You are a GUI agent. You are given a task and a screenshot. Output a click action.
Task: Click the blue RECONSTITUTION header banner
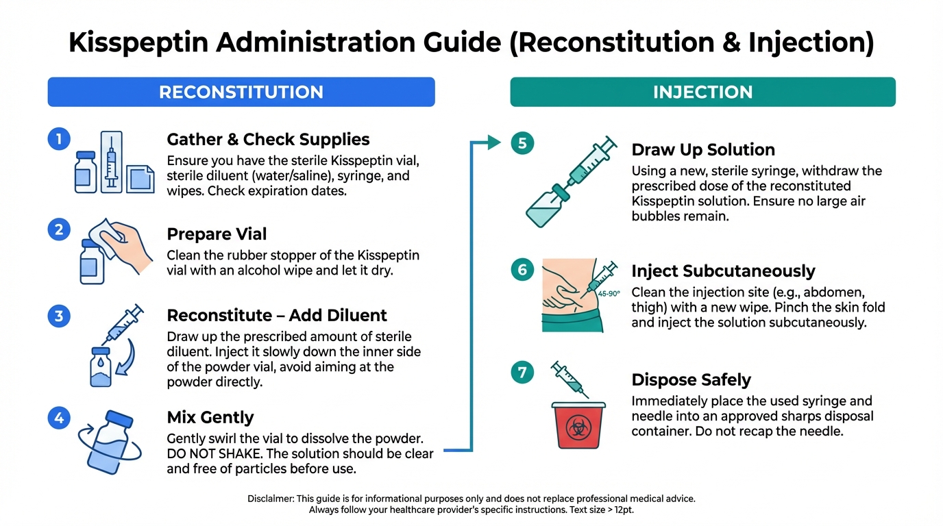pos(241,92)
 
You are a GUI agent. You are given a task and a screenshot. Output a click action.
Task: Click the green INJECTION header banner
pos(702,92)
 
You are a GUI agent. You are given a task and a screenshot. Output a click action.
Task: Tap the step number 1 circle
pos(59,140)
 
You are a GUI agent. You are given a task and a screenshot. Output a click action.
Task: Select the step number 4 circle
pos(59,417)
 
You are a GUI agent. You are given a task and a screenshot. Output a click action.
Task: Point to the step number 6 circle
pos(522,270)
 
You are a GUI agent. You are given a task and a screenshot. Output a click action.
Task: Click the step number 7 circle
pos(522,373)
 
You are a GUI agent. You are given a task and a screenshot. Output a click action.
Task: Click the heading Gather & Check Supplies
pos(268,140)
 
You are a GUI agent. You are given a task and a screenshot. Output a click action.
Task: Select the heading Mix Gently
pos(210,417)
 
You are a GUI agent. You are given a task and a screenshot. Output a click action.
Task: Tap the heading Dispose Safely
pos(691,379)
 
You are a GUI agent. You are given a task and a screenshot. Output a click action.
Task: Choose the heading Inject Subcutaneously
pos(723,271)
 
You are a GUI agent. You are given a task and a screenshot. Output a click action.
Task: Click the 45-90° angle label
pos(609,293)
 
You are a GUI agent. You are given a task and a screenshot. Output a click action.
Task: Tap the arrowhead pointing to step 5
pos(495,142)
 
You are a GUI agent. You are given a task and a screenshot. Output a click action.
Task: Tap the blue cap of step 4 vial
pos(119,418)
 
